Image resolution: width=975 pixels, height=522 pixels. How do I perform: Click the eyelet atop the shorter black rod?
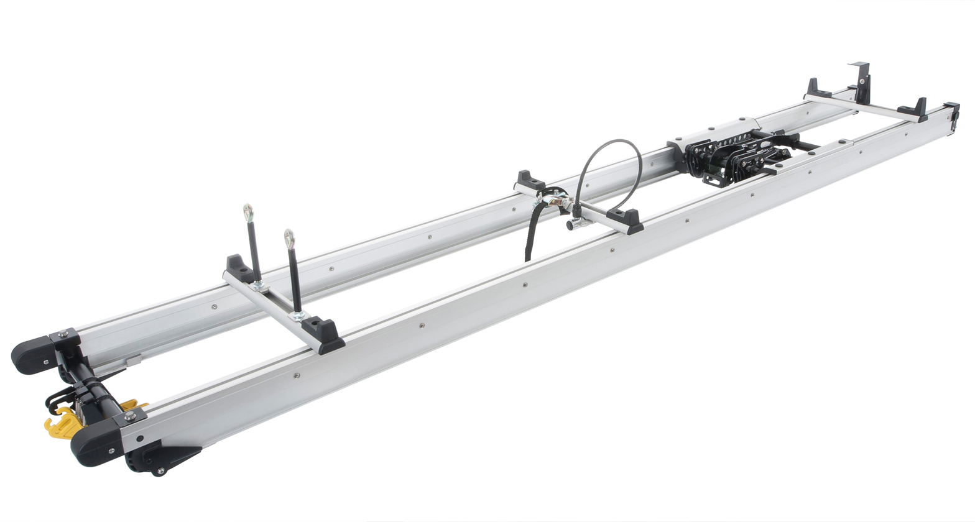[x=289, y=237]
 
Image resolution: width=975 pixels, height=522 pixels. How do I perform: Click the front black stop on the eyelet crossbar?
[x=324, y=336]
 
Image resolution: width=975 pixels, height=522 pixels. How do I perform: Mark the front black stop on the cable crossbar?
[x=626, y=221]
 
